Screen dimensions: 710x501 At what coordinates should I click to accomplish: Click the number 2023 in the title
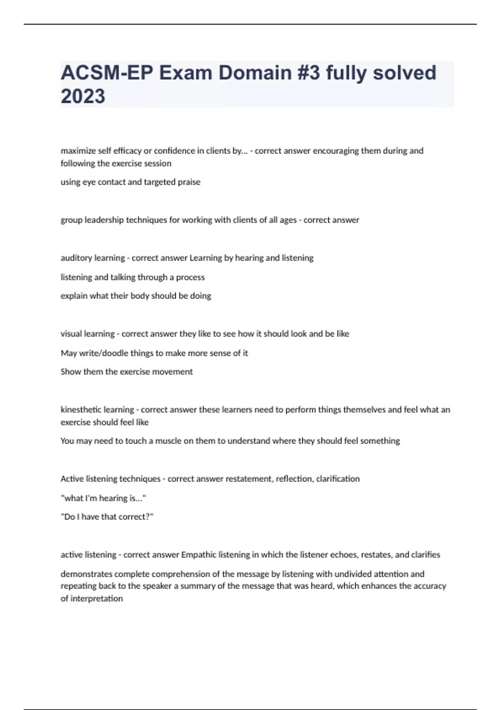(x=83, y=96)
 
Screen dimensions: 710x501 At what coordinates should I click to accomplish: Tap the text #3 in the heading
(x=309, y=73)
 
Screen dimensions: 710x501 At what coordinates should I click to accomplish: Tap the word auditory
(x=76, y=258)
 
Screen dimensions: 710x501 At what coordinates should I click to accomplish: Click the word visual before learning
(x=71, y=334)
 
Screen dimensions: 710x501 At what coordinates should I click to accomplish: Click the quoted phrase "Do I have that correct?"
(x=107, y=517)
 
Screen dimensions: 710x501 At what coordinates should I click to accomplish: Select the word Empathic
(x=198, y=555)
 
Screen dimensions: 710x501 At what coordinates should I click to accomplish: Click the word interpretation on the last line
(x=96, y=599)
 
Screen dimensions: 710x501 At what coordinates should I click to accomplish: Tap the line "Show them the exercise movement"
(x=127, y=372)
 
